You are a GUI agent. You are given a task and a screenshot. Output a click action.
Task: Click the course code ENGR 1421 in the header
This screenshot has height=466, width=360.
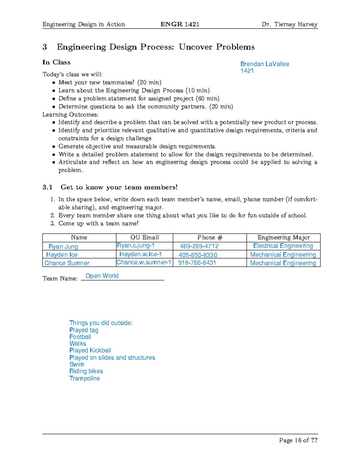point(180,24)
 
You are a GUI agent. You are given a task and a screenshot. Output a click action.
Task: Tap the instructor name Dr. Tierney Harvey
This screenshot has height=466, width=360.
point(289,24)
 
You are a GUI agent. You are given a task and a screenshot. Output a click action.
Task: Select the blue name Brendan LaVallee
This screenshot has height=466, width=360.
point(265,64)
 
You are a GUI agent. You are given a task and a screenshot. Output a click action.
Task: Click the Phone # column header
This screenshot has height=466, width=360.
point(210,237)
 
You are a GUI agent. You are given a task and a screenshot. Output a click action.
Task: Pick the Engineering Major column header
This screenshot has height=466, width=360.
point(283,237)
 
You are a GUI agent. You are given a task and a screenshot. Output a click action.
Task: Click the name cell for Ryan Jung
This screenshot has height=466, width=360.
point(63,246)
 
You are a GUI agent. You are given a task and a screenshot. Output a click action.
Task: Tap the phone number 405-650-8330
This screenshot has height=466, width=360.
point(198,255)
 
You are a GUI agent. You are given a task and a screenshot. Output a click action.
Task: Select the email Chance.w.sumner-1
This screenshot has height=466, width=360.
point(144,262)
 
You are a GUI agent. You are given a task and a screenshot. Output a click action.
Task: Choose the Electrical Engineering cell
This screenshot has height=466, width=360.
point(283,246)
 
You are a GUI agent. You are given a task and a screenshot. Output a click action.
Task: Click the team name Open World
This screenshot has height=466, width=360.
point(102,276)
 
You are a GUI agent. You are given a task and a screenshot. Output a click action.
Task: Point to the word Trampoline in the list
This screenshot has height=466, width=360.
point(85,378)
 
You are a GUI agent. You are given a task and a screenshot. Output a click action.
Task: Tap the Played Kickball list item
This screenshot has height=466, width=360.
point(90,350)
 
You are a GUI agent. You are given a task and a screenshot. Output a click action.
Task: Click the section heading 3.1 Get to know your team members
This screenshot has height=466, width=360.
point(110,187)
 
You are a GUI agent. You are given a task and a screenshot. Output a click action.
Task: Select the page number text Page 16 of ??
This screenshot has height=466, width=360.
point(298,440)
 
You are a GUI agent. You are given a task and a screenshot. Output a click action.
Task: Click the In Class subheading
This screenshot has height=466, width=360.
point(56,62)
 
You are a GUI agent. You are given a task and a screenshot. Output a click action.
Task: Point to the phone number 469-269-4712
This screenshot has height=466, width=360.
point(199,246)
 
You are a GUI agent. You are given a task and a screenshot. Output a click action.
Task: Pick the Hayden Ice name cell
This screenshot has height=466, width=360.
point(62,254)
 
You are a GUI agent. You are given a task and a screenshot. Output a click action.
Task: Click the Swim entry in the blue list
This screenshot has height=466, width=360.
point(77,364)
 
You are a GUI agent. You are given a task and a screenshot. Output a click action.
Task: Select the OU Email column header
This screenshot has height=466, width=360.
point(145,237)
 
